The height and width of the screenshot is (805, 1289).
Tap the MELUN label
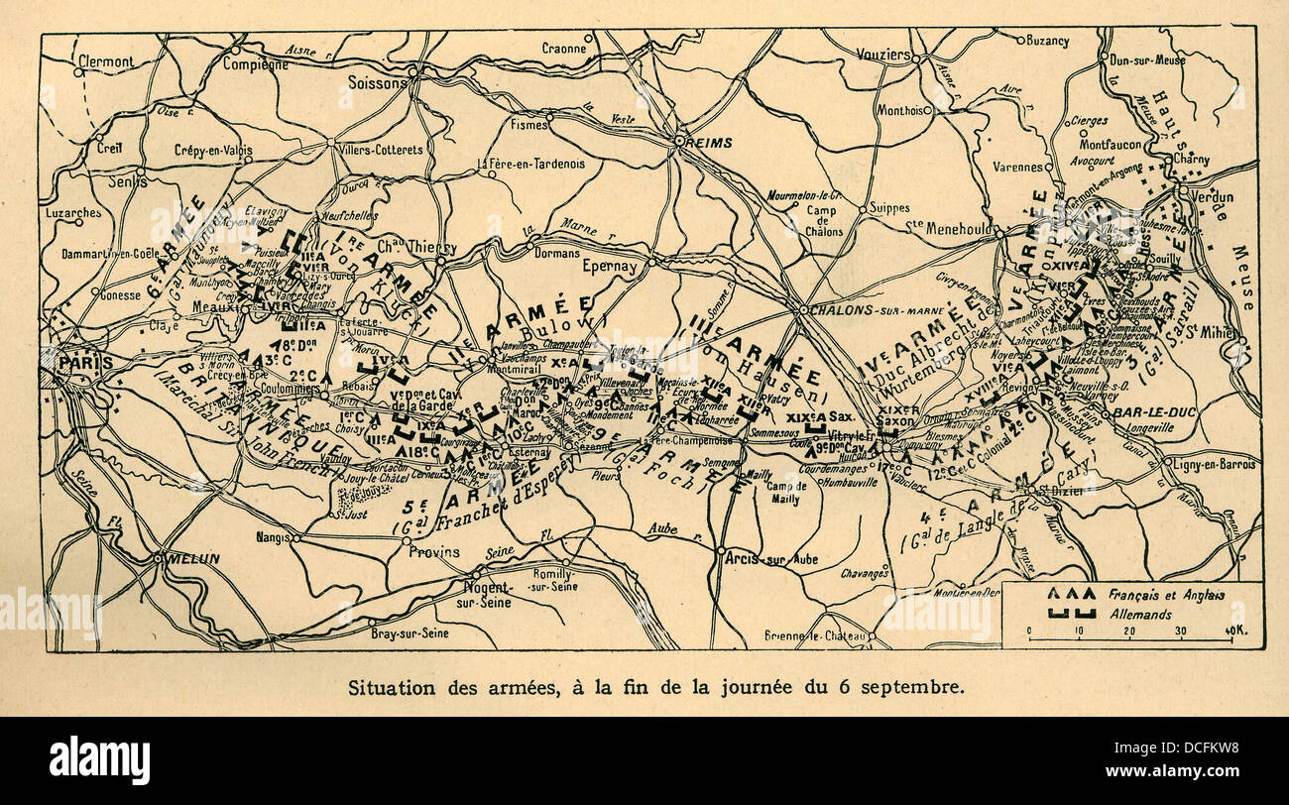(x=194, y=559)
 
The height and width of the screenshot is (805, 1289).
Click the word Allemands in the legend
(x=1139, y=615)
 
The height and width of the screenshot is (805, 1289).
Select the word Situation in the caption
(x=383, y=687)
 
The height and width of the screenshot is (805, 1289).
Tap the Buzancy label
(x=1048, y=41)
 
